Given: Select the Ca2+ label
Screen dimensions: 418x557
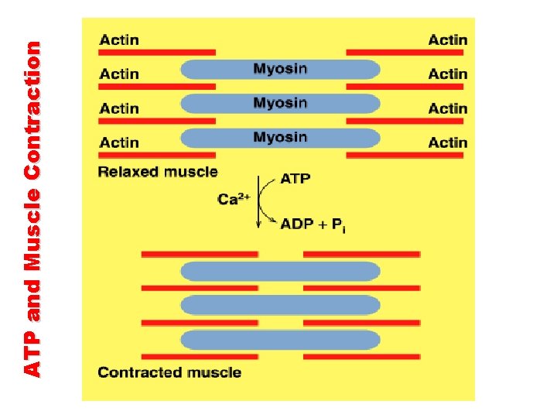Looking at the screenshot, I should coord(232,199).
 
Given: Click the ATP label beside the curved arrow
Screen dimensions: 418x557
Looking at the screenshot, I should coord(296,179).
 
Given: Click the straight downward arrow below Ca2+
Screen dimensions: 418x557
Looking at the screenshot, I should coord(258,213).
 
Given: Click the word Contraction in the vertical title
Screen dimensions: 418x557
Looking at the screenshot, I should coord(32,98).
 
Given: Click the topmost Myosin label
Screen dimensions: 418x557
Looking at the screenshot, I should coord(280,69).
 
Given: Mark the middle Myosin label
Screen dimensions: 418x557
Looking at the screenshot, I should coord(280,103).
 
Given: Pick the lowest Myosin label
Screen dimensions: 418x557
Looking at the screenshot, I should coord(280,137).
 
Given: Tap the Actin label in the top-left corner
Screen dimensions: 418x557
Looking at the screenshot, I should coord(119,39).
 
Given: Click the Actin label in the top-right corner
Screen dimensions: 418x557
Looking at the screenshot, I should coord(448,39).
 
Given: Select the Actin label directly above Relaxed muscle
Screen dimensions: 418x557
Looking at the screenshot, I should coord(119,142).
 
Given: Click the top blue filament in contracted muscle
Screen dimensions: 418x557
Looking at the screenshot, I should coord(280,271).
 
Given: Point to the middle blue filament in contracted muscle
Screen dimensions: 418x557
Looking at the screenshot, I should coord(280,305).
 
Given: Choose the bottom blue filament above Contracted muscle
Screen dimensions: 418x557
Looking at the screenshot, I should coord(280,340).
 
